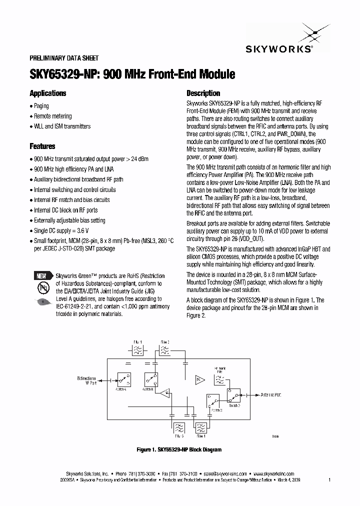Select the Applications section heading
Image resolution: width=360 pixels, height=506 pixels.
coord(48,93)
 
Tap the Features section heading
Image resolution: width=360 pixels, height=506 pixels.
coord(42,146)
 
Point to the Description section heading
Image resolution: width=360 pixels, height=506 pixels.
coord(203,93)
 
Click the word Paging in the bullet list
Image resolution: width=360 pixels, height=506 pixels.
coord(41,106)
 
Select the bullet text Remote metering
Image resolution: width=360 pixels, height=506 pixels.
coord(53,116)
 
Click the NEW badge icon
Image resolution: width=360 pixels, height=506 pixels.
coord(42,276)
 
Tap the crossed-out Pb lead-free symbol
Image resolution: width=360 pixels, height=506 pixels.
coord(42,288)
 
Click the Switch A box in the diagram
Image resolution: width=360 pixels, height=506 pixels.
coord(122,379)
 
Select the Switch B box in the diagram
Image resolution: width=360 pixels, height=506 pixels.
coord(149,379)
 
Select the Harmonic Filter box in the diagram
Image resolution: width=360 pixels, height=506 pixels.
coord(220,380)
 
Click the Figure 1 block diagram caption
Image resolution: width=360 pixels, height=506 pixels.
coord(179,450)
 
